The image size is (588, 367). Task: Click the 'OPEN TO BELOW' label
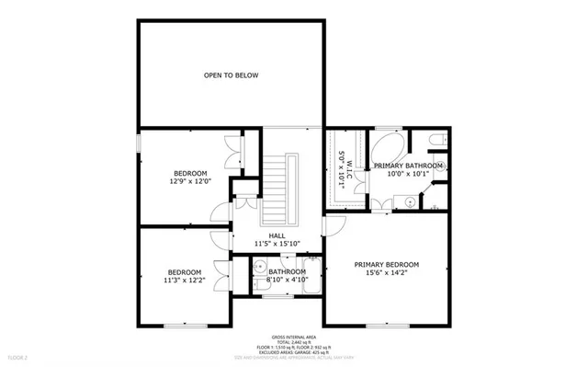coord(231,75)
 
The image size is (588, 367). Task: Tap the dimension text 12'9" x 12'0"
coord(190,182)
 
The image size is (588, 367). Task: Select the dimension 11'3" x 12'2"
coord(184,281)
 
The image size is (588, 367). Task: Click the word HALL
coord(276,235)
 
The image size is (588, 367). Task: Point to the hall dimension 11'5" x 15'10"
coord(276,244)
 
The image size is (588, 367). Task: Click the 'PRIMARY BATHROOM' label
coord(408,166)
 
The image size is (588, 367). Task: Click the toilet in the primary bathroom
coord(437,140)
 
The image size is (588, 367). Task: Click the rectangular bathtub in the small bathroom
coord(311,277)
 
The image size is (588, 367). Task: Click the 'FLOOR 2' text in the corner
coord(17,356)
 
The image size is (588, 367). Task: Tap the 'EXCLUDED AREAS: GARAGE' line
coord(293,351)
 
